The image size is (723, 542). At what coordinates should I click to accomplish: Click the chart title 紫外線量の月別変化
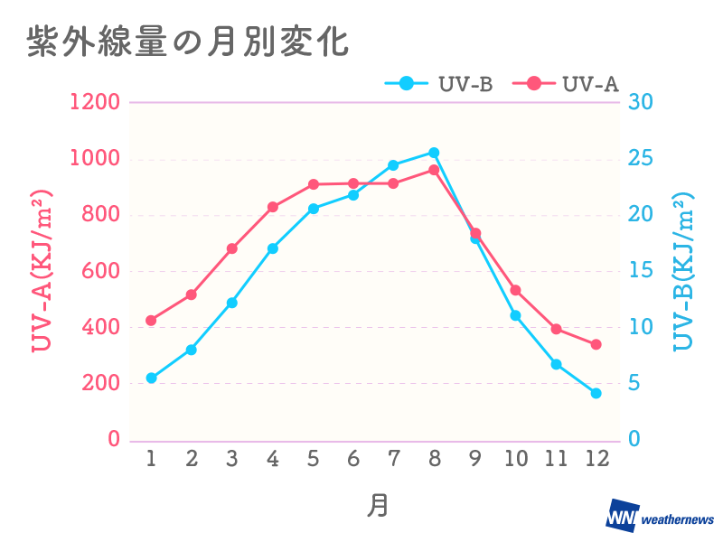(187, 42)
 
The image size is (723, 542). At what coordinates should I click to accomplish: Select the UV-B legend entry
(439, 84)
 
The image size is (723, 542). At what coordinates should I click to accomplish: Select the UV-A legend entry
(567, 84)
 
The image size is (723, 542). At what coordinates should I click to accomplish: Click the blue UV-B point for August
(434, 153)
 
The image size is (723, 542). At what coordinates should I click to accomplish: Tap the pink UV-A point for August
(434, 170)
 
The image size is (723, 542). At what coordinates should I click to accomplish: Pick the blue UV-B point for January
(151, 378)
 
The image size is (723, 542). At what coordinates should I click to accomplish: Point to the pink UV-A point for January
(151, 321)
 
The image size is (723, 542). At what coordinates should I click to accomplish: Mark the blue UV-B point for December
(596, 393)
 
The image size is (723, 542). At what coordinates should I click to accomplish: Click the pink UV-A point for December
(596, 344)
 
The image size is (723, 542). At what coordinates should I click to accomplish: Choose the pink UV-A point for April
(273, 207)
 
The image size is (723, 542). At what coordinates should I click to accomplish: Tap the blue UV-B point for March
(232, 303)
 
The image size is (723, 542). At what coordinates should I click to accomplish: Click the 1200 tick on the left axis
(95, 102)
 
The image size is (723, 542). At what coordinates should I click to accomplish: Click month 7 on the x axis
(393, 459)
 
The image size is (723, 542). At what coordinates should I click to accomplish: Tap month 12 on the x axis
(596, 459)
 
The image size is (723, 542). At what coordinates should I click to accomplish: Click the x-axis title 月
(377, 505)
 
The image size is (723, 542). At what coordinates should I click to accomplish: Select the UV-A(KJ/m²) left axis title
(42, 271)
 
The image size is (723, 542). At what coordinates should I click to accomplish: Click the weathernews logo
(659, 517)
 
